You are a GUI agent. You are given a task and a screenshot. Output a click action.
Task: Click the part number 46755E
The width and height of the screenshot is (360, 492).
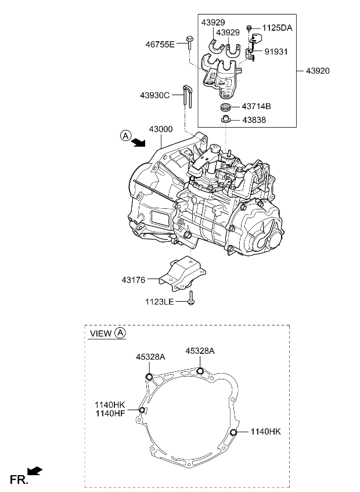[x=159, y=44]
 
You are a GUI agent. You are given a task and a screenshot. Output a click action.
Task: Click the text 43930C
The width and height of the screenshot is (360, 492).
[x=154, y=95]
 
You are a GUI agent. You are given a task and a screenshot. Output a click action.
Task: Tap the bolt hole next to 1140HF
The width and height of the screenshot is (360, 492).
[x=141, y=410]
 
